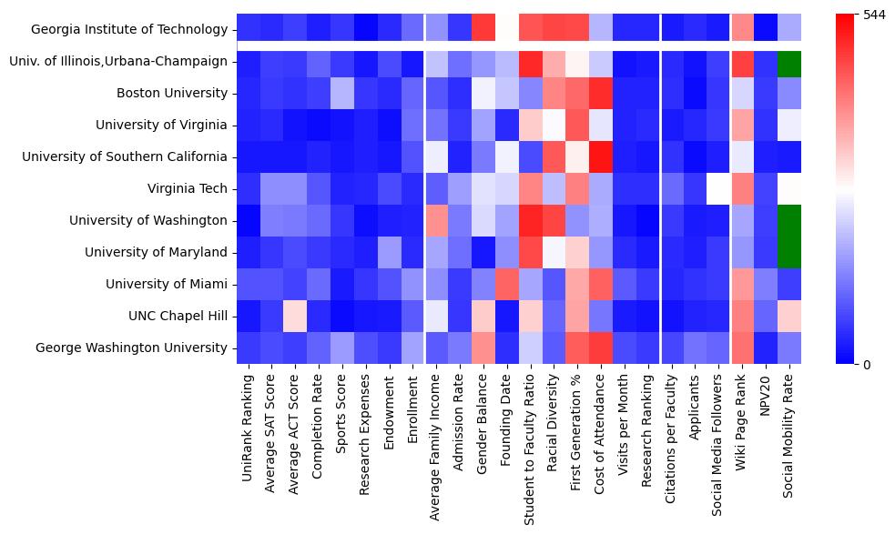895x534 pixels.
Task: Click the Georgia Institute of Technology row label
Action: [128, 29]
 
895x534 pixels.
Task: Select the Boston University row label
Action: [172, 93]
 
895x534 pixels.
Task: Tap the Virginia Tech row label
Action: [187, 188]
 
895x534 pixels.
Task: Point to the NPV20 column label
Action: [769, 397]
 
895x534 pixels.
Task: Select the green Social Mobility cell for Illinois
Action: [793, 62]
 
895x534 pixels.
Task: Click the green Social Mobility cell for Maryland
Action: [793, 253]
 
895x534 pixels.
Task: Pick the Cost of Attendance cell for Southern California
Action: [603, 157]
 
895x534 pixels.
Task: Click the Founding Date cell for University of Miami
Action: [509, 285]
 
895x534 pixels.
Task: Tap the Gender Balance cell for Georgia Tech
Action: [485, 29]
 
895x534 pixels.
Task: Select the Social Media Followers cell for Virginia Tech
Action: [722, 189]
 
